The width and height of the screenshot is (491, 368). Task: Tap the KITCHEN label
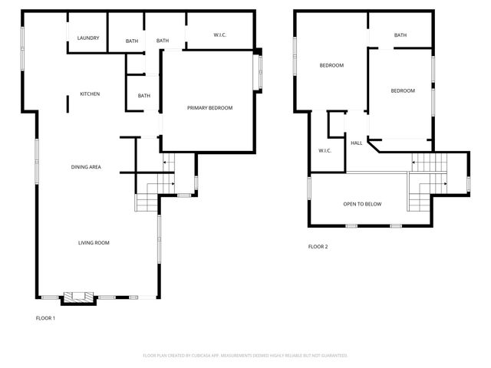[90, 94]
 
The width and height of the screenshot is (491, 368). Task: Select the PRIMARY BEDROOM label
[209, 108]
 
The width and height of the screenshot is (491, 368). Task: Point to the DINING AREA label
[86, 167]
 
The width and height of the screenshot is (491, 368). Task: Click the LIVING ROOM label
[94, 243]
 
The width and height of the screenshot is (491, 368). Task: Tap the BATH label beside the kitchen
[144, 96]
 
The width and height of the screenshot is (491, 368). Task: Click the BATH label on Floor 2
[400, 35]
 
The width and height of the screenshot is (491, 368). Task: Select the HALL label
[357, 143]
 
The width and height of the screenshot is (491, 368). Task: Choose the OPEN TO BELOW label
[362, 204]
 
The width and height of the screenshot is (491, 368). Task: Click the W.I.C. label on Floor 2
[325, 150]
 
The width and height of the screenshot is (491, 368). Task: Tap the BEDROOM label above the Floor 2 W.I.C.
[331, 65]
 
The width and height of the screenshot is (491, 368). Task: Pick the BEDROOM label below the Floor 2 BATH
[403, 91]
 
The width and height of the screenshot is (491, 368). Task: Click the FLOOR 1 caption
[46, 318]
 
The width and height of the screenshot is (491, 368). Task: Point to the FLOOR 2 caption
[318, 247]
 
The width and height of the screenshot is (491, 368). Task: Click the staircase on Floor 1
[147, 201]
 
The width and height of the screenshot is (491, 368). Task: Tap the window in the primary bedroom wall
[259, 71]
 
